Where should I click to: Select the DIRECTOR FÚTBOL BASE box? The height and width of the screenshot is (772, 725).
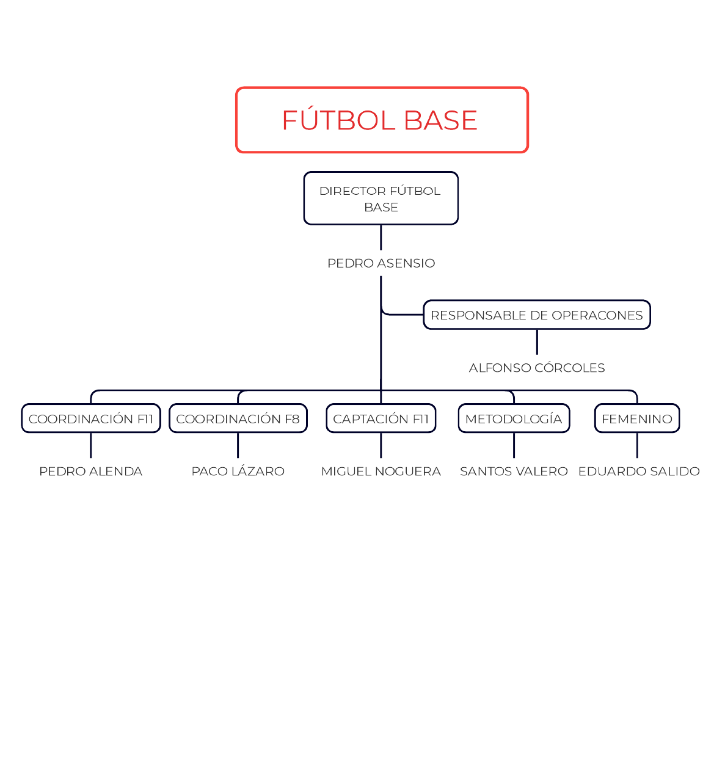point(381,198)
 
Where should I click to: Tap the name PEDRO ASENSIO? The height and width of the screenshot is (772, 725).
point(381,263)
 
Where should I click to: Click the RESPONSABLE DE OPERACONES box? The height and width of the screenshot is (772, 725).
point(536,315)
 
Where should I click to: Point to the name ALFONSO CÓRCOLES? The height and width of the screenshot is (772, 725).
point(537,368)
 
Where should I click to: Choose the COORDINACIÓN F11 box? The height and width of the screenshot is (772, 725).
point(91,418)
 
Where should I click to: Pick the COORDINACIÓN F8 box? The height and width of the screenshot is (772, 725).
point(238,418)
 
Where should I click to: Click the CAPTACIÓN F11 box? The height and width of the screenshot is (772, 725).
point(381,418)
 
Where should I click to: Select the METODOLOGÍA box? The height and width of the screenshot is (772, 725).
point(514,418)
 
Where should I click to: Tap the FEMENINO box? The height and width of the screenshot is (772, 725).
point(637,418)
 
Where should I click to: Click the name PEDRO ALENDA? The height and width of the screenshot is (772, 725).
point(91,471)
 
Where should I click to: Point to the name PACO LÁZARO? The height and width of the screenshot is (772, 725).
point(238,471)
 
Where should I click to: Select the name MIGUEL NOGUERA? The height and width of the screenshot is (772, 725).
point(381,471)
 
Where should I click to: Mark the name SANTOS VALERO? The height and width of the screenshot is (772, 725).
point(514,471)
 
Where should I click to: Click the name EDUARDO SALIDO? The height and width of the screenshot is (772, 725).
point(639,471)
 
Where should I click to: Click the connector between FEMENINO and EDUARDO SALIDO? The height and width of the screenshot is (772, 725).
point(637,445)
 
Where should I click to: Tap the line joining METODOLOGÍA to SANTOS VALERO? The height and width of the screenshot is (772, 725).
point(514,445)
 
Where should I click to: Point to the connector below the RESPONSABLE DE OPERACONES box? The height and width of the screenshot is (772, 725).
point(537,342)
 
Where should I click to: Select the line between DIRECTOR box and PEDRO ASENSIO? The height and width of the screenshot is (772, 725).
point(381,238)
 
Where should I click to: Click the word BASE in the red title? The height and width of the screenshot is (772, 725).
point(440,120)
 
